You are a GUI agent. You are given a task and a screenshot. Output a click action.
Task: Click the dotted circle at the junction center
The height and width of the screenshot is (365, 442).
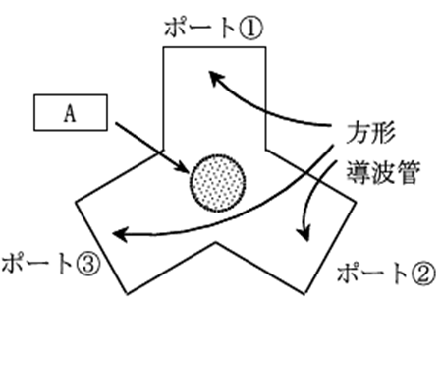click(217, 182)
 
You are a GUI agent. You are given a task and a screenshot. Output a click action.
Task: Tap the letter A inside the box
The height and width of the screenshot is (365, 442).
click(70, 114)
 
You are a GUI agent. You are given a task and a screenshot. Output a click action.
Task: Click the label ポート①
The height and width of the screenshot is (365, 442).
click(213, 28)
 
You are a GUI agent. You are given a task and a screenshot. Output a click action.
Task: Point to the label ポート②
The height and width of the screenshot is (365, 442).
click(386, 274)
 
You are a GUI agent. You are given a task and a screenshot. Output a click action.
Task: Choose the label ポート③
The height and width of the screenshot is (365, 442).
click(50, 264)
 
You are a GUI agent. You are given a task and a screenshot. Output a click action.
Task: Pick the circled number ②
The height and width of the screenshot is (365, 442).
click(424, 274)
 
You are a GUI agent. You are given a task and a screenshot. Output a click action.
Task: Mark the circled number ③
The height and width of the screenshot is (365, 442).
click(87, 264)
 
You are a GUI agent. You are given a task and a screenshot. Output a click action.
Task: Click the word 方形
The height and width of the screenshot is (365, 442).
click(370, 133)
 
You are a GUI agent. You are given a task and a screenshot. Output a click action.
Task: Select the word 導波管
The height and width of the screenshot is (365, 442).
click(383, 172)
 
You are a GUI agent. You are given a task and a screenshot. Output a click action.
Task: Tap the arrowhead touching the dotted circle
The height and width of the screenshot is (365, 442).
click(184, 167)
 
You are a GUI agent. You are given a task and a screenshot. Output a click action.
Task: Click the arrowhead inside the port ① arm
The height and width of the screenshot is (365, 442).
click(215, 78)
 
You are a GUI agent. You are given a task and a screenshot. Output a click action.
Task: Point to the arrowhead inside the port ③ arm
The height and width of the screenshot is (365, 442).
click(120, 234)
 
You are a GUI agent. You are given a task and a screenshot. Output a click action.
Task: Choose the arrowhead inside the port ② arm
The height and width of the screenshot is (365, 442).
click(304, 234)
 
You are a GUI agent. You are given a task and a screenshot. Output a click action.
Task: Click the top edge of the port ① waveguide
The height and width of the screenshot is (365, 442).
click(214, 47)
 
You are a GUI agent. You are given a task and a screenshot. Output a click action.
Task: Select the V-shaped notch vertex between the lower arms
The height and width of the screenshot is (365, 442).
click(215, 243)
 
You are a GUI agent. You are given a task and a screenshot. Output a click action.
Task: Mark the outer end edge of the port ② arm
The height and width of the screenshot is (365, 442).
click(330, 248)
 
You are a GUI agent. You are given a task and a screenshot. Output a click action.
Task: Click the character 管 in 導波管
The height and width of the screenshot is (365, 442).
click(408, 172)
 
